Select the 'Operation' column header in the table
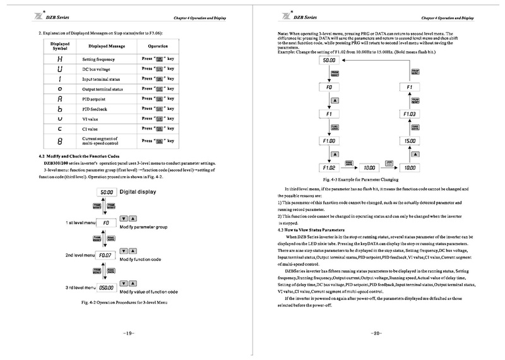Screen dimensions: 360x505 [158, 47]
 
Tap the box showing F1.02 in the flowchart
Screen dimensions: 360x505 [328, 168]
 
